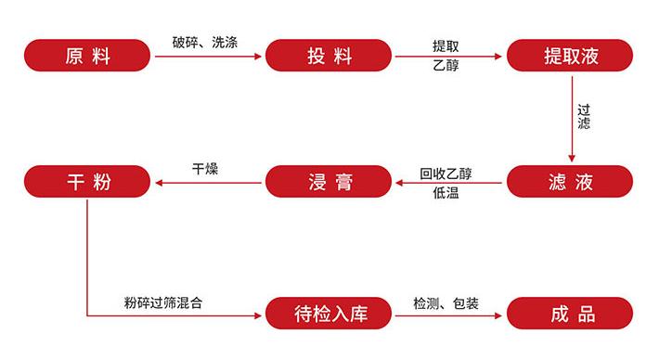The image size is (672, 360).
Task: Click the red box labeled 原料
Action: tap(87, 56)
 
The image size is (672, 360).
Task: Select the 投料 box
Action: tap(330, 56)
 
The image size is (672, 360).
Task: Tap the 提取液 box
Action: tap(570, 56)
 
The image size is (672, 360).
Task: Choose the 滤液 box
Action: tap(570, 181)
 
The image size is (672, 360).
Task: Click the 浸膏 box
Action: tap(330, 181)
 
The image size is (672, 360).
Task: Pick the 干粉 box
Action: tap(87, 181)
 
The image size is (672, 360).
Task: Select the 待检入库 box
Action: tap(330, 313)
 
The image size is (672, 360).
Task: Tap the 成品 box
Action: tap(570, 313)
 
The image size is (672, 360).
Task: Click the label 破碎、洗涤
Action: tap(205, 43)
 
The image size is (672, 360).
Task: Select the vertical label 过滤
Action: tap(583, 115)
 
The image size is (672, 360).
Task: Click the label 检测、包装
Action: tap(446, 302)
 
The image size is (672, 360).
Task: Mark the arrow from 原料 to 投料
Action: tap(207, 57)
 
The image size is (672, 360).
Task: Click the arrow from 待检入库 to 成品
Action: tap(450, 315)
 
